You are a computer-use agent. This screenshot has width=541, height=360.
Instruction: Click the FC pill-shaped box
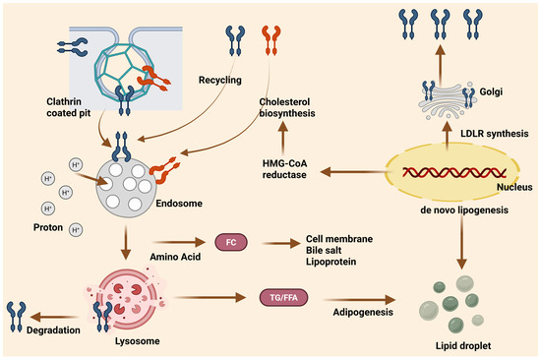(x=231, y=242)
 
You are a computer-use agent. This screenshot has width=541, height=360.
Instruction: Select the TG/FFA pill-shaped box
(x=283, y=297)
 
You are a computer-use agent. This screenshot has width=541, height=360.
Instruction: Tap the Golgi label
(x=491, y=91)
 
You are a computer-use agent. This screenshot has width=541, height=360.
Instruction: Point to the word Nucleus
(x=514, y=187)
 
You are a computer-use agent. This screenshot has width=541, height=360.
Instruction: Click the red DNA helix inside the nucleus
(x=454, y=172)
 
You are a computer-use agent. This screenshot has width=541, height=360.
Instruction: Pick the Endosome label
(x=179, y=203)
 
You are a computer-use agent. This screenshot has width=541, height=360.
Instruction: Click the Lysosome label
(x=138, y=341)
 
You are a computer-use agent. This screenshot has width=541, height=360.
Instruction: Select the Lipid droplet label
(x=463, y=345)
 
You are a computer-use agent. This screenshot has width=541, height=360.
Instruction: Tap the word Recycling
(x=219, y=80)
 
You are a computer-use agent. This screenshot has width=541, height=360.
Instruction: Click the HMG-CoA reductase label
(x=284, y=169)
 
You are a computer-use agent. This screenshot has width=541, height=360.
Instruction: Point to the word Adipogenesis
(x=363, y=312)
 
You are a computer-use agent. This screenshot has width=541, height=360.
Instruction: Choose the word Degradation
(x=53, y=330)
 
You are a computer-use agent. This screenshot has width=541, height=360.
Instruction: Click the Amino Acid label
(x=175, y=257)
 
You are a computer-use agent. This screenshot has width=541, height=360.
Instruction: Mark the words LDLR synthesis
(x=495, y=133)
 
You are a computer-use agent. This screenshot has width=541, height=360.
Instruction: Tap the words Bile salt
(x=324, y=250)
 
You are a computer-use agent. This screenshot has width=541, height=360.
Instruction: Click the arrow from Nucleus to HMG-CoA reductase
(x=353, y=171)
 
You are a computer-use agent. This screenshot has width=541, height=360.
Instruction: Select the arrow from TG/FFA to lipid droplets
(x=359, y=300)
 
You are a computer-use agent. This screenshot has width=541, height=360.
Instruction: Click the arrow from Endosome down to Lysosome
(x=126, y=242)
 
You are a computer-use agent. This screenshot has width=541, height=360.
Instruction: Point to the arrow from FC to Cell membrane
(x=281, y=243)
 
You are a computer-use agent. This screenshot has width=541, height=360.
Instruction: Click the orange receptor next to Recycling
(x=271, y=40)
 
